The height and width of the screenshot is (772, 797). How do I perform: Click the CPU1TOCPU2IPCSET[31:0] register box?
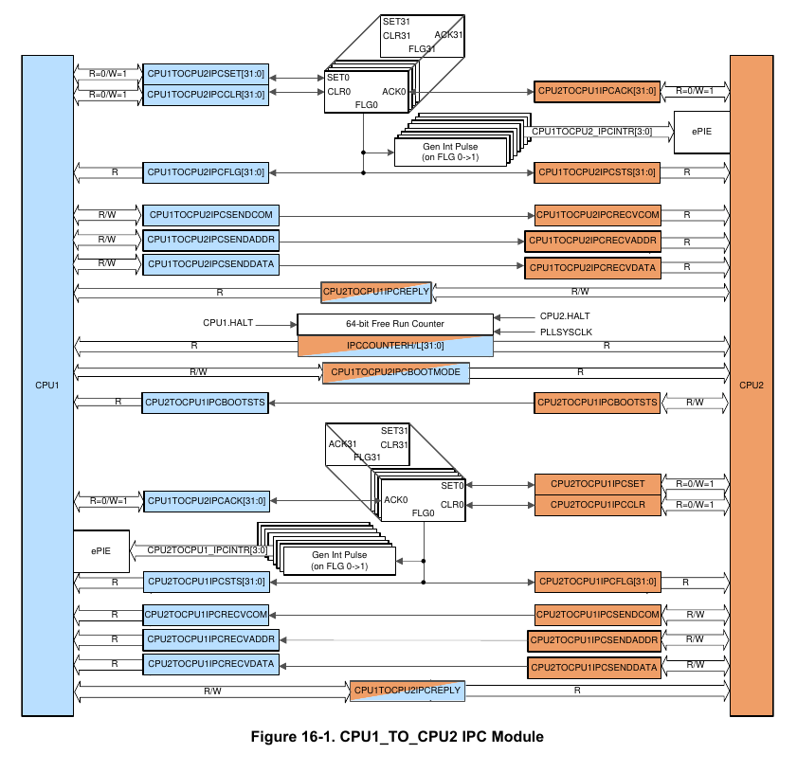click(x=205, y=73)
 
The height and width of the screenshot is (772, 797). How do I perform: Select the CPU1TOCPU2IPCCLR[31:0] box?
click(x=205, y=93)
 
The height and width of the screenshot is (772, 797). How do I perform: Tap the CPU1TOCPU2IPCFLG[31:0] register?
click(x=205, y=172)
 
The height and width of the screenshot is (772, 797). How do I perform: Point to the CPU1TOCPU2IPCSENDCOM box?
click(x=205, y=214)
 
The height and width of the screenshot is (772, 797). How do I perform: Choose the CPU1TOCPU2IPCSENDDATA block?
click(x=205, y=262)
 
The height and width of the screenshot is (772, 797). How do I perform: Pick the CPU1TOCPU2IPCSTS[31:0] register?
click(x=596, y=172)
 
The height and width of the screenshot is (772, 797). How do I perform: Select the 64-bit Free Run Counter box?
click(x=395, y=324)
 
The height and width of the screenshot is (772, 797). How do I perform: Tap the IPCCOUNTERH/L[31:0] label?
click(x=395, y=345)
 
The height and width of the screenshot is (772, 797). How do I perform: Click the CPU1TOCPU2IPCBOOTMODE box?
click(x=395, y=372)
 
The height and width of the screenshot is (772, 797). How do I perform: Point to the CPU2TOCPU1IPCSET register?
click(x=596, y=484)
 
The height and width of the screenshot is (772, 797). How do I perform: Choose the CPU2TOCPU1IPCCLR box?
click(x=596, y=505)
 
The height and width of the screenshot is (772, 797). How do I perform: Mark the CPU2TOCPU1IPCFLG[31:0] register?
click(x=596, y=581)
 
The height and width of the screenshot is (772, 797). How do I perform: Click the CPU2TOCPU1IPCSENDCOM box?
click(x=596, y=615)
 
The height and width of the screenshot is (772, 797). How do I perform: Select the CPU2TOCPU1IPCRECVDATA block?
click(x=208, y=664)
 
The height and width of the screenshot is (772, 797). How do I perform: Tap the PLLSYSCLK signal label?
click(x=565, y=332)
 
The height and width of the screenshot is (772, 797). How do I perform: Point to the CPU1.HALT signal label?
click(x=227, y=324)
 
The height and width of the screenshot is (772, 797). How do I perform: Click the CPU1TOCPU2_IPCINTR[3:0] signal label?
click(x=591, y=130)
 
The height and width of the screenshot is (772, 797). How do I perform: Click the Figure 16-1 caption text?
click(x=397, y=736)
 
